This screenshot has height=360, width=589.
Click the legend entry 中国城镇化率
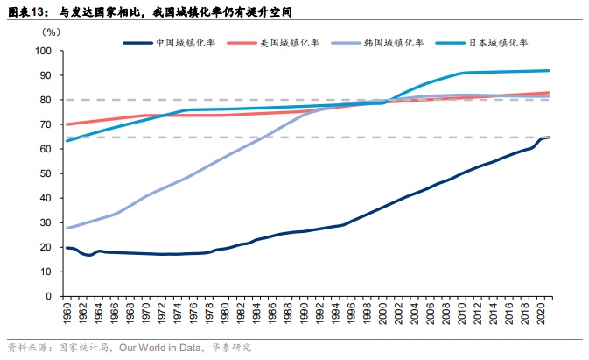tap(186, 42)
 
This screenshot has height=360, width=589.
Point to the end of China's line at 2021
tap(550, 138)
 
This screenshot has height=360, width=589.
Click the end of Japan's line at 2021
tap(550, 70)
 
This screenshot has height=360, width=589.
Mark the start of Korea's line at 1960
tap(67, 228)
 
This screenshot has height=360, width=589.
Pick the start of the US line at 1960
tap(67, 124)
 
